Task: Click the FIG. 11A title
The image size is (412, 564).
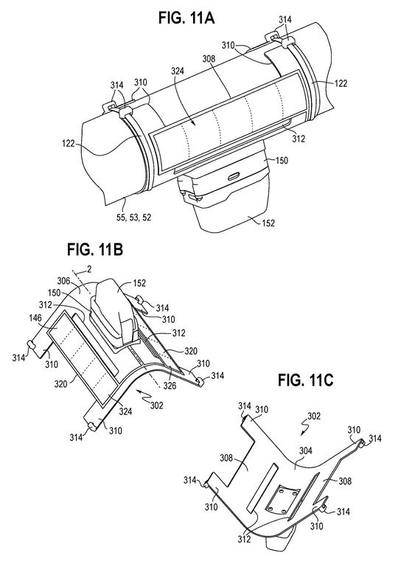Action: (186, 17)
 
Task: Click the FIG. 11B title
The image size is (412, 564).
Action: (95, 249)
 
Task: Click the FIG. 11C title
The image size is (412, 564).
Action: (306, 380)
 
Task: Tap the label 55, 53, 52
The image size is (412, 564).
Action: (133, 217)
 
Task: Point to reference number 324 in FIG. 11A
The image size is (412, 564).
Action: (177, 71)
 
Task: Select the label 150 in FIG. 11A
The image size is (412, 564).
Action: (282, 161)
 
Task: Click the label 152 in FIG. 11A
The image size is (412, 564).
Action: (268, 223)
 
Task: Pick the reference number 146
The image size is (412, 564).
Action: (35, 318)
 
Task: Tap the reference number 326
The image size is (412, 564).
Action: (170, 386)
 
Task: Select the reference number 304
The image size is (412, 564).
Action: (306, 450)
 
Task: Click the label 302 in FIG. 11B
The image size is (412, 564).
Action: (157, 405)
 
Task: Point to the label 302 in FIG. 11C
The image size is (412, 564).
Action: (314, 416)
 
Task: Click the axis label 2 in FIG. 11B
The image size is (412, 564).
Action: (89, 269)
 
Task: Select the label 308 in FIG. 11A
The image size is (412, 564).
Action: (209, 59)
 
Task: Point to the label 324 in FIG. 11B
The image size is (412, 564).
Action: (126, 411)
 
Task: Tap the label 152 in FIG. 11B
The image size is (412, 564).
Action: (139, 283)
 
